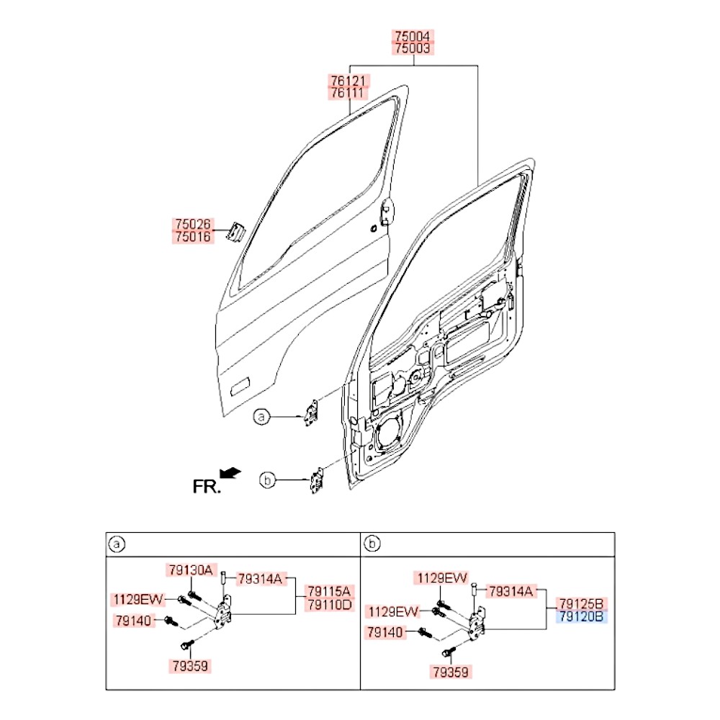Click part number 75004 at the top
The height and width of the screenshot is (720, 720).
[413, 36]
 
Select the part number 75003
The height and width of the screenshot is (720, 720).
[413, 48]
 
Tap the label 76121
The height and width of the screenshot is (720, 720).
[348, 81]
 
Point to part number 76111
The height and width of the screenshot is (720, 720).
[348, 93]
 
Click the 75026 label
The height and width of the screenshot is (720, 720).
[193, 225]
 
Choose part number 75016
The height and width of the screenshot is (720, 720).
[193, 237]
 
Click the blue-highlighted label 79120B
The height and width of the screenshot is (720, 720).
[581, 616]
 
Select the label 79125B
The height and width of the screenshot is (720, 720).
[581, 604]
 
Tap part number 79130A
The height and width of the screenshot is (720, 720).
[191, 570]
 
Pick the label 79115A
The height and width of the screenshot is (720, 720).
[329, 591]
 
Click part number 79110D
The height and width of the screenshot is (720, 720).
[329, 604]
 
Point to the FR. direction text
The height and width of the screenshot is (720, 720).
[207, 487]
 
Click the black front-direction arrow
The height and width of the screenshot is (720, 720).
[230, 473]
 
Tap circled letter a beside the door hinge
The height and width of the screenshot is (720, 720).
[261, 417]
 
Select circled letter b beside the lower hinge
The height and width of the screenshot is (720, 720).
[267, 480]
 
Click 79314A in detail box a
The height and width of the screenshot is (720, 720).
[261, 580]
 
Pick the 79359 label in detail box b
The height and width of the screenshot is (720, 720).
[451, 672]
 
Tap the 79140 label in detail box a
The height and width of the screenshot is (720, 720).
[134, 621]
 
